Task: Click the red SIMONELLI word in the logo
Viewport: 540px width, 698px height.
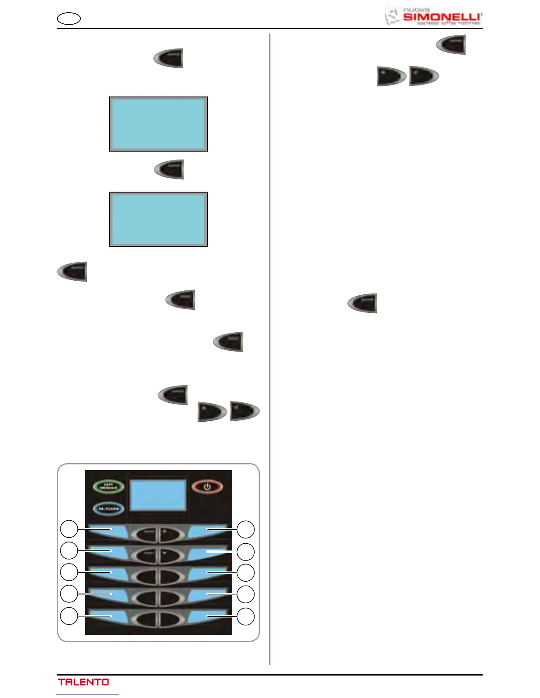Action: click(x=442, y=17)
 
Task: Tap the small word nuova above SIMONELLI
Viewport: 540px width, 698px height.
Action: click(x=416, y=9)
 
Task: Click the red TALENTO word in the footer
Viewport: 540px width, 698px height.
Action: click(x=83, y=682)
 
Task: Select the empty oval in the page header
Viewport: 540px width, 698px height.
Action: click(x=69, y=19)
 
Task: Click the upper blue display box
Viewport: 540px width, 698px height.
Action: click(x=158, y=124)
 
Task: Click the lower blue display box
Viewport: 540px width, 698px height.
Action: click(x=158, y=219)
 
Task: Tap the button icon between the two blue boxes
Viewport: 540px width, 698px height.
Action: click(x=169, y=170)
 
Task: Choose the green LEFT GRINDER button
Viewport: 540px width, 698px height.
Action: click(x=108, y=487)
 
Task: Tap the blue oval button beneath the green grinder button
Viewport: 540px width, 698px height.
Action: click(x=108, y=509)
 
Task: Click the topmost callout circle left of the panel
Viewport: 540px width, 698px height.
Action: click(x=69, y=529)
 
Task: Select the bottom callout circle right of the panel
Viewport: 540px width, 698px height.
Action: click(x=246, y=616)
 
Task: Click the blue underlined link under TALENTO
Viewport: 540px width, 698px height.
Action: click(x=87, y=694)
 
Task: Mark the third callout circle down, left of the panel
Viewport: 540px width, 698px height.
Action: click(x=69, y=572)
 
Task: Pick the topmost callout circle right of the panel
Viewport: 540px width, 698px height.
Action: click(x=246, y=529)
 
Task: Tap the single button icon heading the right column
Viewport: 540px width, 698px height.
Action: click(x=451, y=45)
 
